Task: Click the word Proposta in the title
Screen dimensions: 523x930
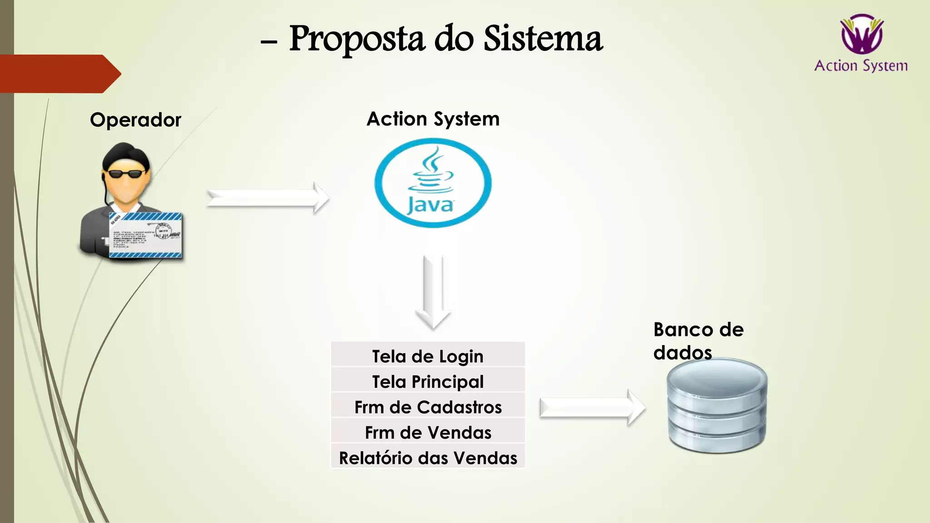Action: pyautogui.click(x=356, y=39)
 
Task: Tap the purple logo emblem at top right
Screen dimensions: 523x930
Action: pyautogui.click(x=861, y=34)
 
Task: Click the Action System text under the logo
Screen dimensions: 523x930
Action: pyautogui.click(x=861, y=66)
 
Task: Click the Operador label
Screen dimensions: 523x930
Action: pyautogui.click(x=135, y=120)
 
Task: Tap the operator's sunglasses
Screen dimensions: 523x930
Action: pyautogui.click(x=125, y=173)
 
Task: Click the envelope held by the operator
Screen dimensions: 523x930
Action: pyautogui.click(x=145, y=235)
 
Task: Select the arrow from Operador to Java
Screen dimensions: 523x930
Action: pyautogui.click(x=268, y=198)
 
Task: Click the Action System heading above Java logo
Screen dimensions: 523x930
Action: pyautogui.click(x=433, y=119)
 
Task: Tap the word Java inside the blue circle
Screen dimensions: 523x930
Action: pyautogui.click(x=430, y=205)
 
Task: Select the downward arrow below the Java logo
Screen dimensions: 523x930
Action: pyautogui.click(x=433, y=291)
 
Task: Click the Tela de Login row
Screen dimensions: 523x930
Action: pyautogui.click(x=428, y=356)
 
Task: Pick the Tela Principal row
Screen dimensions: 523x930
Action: pyautogui.click(x=428, y=381)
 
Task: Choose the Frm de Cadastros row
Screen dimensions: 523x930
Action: pyautogui.click(x=428, y=407)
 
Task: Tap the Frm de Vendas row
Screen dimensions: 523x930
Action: pyautogui.click(x=428, y=432)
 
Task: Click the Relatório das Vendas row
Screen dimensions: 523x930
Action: pyautogui.click(x=428, y=458)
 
